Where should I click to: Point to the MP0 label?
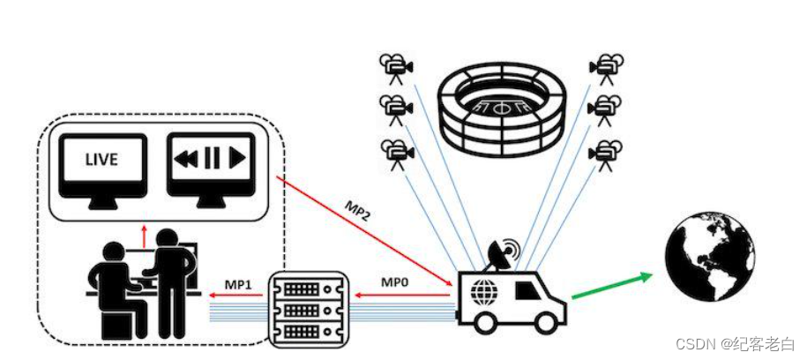pyautogui.click(x=393, y=282)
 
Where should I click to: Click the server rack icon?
pyautogui.click(x=309, y=308)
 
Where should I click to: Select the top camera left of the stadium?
pyautogui.click(x=396, y=66)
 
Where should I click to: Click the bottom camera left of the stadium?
pyautogui.click(x=396, y=154)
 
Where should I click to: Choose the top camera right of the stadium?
pyautogui.click(x=607, y=66)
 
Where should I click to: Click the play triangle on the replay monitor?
pyautogui.click(x=235, y=159)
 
